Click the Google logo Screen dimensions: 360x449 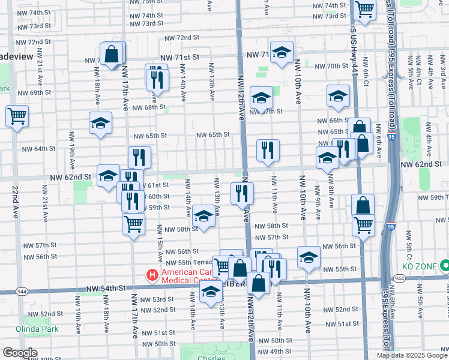20,353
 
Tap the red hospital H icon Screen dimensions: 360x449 152,275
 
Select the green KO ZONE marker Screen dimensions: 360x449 445,265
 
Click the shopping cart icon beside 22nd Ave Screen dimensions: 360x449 17,115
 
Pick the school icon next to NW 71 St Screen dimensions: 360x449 282,53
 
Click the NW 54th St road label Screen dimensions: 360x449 106,289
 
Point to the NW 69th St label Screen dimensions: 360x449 34,93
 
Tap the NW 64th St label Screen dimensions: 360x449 39,149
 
